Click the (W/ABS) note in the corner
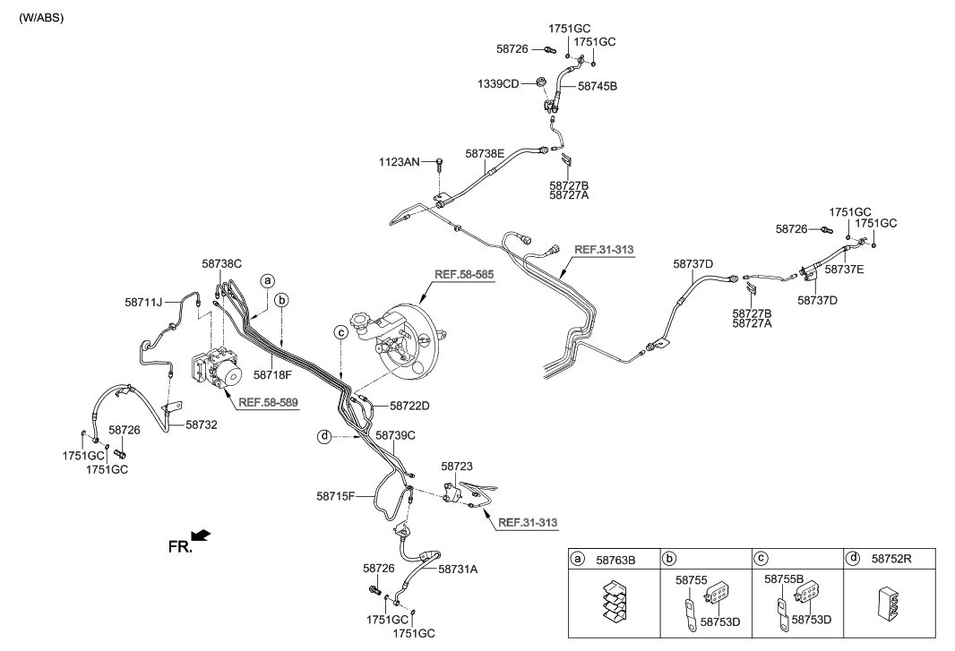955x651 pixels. click(41, 18)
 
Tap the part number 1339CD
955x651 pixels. click(498, 84)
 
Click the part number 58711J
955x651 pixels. click(143, 303)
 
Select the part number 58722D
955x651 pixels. click(409, 406)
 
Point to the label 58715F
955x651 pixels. click(336, 495)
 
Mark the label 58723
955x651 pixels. click(456, 467)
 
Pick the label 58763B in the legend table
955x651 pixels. click(616, 559)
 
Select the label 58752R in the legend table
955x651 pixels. click(890, 559)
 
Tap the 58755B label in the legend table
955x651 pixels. click(784, 579)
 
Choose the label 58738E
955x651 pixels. click(485, 154)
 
